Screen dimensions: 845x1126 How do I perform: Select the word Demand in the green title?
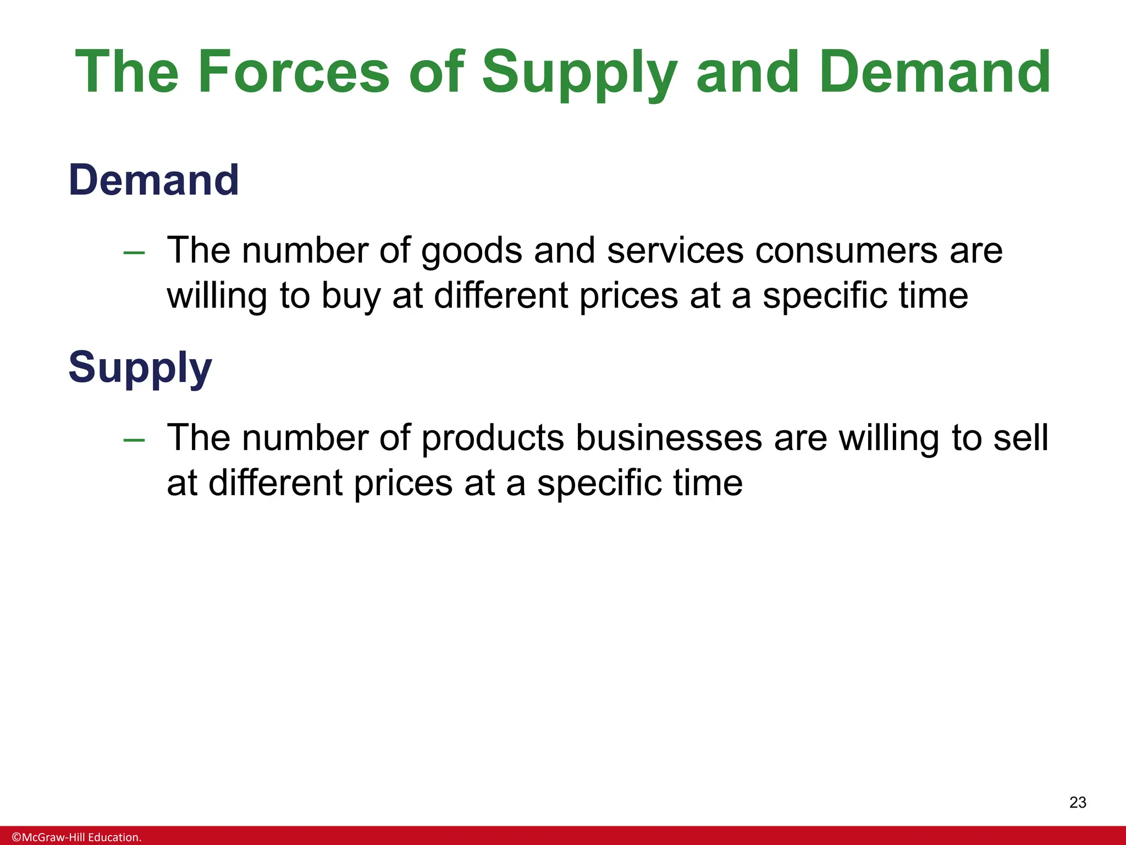[935, 73]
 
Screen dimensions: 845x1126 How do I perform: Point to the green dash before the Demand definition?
[134, 253]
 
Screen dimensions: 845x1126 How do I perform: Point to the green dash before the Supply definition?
[134, 440]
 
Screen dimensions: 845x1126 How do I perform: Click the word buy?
[351, 297]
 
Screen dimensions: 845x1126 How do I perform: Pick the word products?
[493, 438]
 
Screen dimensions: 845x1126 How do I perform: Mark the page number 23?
[1078, 803]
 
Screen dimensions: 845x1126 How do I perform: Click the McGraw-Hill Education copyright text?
[76, 837]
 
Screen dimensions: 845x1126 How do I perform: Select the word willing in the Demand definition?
[217, 297]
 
